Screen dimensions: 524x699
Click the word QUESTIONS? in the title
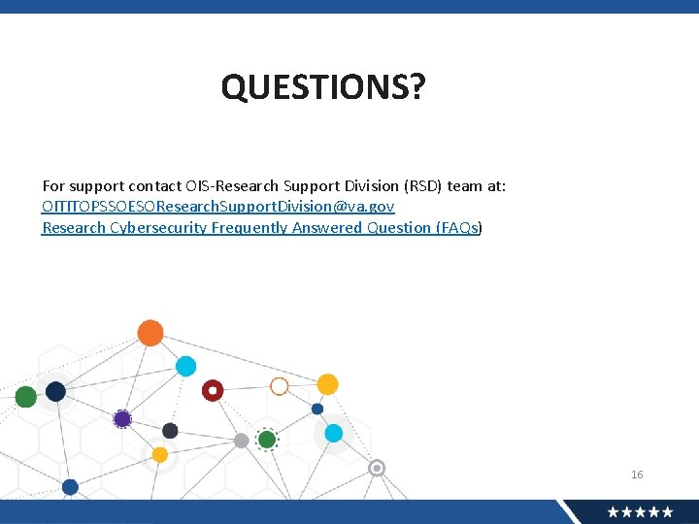pos(322,88)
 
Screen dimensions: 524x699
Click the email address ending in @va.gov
pos(218,207)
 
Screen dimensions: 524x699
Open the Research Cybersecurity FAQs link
pos(261,228)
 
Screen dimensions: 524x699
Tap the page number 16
pos(637,475)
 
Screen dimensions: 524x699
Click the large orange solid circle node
pos(150,333)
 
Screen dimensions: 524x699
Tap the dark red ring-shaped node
pos(213,390)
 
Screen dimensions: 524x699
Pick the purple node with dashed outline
pos(122,419)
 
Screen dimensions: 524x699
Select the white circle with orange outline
pos(279,386)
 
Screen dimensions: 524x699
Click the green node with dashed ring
pos(267,440)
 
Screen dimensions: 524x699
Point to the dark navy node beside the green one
pos(55,391)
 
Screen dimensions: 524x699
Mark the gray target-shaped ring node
pos(377,468)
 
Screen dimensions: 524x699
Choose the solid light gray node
pos(241,441)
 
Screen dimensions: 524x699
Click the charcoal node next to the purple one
pos(170,431)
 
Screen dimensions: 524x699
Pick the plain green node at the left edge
pos(26,396)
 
